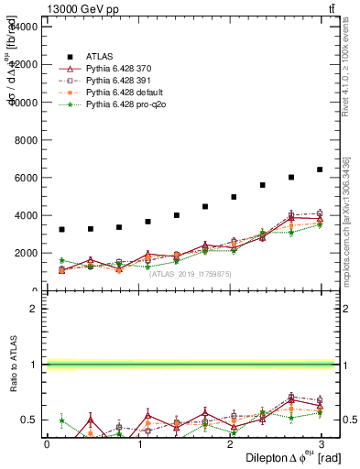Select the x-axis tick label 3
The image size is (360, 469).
324,443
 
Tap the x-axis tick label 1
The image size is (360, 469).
139,443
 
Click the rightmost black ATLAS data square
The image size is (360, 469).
320,169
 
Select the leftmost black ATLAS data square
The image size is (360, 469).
61,229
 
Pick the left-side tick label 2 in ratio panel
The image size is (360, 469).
34,309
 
